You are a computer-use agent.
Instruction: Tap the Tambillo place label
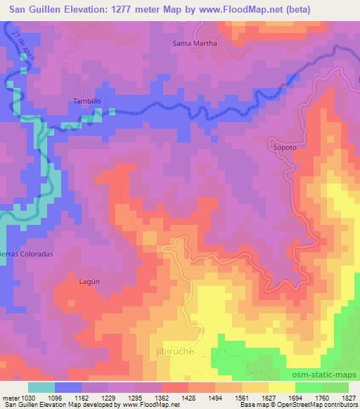[x=88, y=101]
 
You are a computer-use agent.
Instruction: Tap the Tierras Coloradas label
[x=27, y=253]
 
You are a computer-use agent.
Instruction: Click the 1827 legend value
[x=348, y=398]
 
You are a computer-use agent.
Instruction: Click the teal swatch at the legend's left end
[x=41, y=387]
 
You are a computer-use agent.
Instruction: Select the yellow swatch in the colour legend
[x=281, y=387]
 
